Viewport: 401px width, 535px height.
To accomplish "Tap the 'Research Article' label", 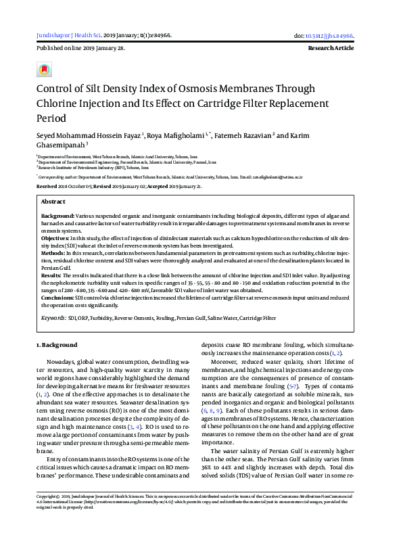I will coord(331,49).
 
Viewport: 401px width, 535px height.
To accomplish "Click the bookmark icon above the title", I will coord(45,70).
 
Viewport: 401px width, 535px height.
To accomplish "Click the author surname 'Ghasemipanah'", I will coord(60,145).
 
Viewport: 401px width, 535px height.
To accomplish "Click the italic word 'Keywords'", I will coord(52,317).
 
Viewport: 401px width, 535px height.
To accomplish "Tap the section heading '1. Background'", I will coord(56,345).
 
